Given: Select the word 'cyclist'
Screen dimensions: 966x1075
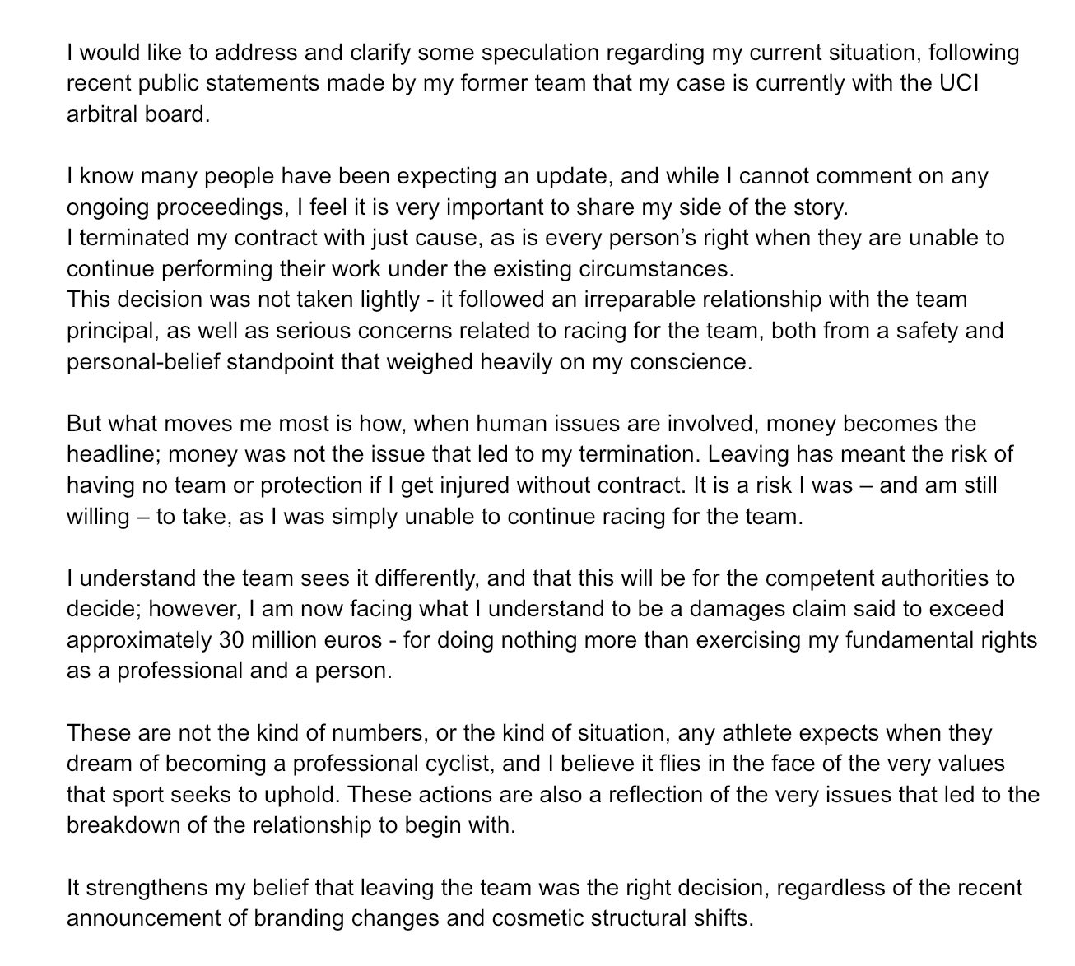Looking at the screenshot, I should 458,764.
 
